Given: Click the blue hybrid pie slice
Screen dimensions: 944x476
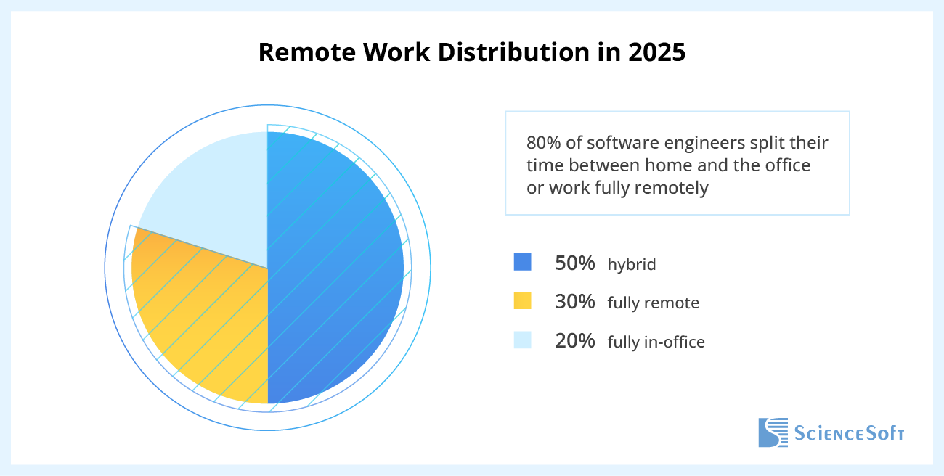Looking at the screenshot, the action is [335, 268].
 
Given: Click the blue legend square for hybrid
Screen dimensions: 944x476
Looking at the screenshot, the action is [523, 262].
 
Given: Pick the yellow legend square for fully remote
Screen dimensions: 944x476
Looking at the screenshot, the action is [523, 300].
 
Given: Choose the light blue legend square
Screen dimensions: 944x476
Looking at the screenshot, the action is [523, 340].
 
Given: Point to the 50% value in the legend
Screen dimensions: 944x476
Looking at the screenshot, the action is [575, 263].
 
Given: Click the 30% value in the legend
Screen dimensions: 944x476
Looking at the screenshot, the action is [575, 302].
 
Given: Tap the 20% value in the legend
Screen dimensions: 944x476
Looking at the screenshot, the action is [575, 341].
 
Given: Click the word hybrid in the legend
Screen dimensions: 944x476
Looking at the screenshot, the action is [632, 265].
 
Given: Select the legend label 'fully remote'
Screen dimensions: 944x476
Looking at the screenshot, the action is [654, 303].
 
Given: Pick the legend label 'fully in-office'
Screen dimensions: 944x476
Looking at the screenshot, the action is [656, 342].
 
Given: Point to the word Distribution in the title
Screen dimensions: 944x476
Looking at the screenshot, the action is [513, 52].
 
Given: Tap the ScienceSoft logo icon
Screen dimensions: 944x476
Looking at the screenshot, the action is [773, 432].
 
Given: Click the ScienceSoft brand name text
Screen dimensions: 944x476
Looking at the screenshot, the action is [849, 433].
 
